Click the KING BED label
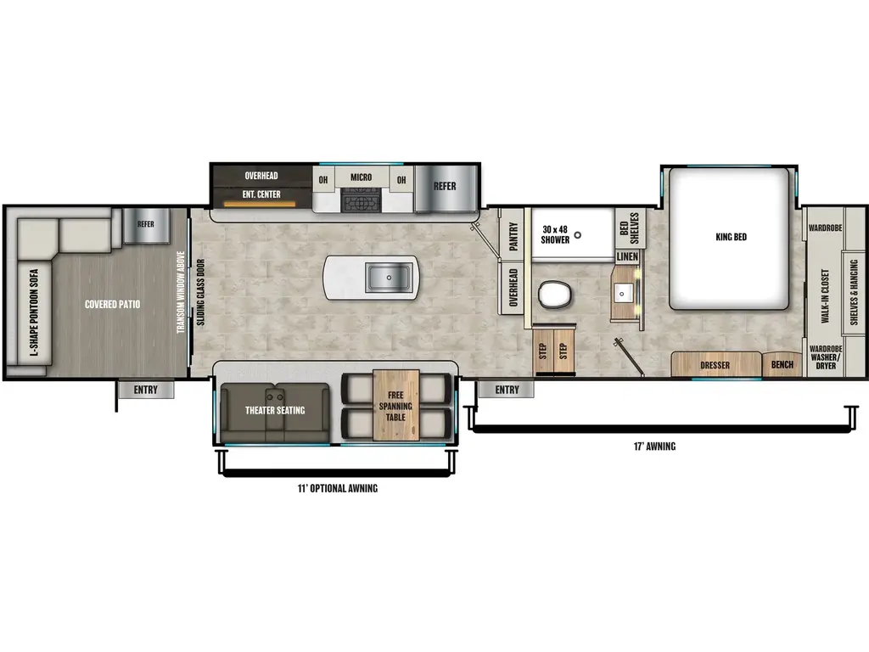[731, 237]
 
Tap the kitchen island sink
[389, 277]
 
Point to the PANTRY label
[513, 238]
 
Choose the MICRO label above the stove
[361, 177]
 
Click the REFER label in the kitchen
[445, 186]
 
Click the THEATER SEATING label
[275, 411]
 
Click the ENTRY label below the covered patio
[145, 391]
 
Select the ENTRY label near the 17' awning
[507, 391]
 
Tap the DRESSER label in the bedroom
[715, 366]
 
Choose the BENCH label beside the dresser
[782, 366]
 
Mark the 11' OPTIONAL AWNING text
[338, 489]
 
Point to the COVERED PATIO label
[111, 303]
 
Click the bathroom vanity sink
[626, 295]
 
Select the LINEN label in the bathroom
[627, 256]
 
